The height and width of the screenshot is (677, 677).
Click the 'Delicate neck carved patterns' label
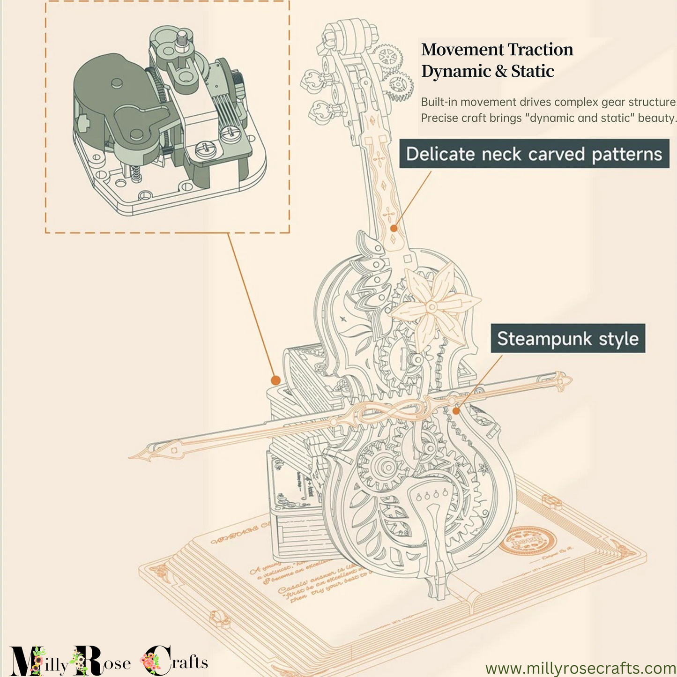(x=534, y=154)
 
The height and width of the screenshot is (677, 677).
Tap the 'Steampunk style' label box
(x=568, y=338)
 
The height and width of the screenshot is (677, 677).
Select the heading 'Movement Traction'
(x=497, y=49)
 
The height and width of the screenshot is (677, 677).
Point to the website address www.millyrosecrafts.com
(x=580, y=668)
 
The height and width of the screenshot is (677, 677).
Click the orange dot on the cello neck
(x=394, y=228)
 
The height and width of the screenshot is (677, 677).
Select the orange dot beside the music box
(x=276, y=379)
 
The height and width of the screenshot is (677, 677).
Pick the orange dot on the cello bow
(x=456, y=411)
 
